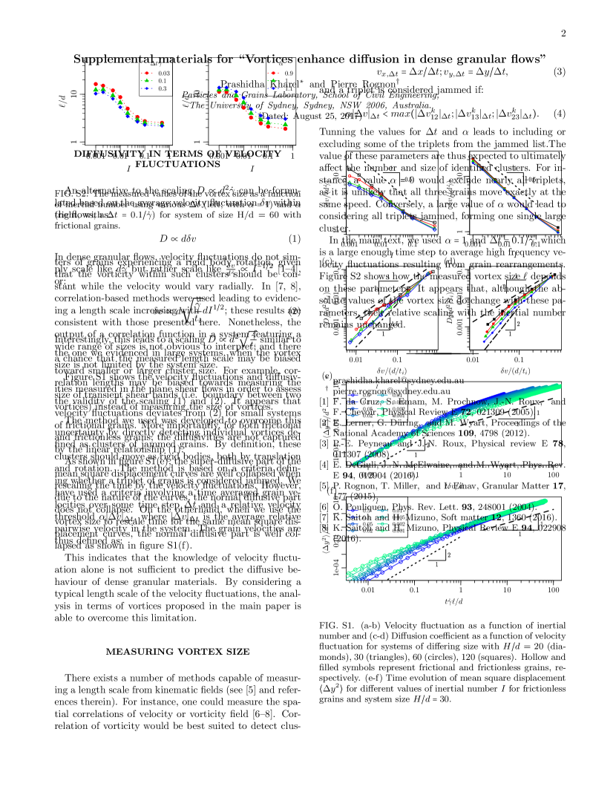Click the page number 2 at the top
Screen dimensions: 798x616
point(564,33)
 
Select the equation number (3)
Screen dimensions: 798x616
point(560,72)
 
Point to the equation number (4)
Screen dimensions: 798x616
point(560,114)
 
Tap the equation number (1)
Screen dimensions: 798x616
point(294,239)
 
